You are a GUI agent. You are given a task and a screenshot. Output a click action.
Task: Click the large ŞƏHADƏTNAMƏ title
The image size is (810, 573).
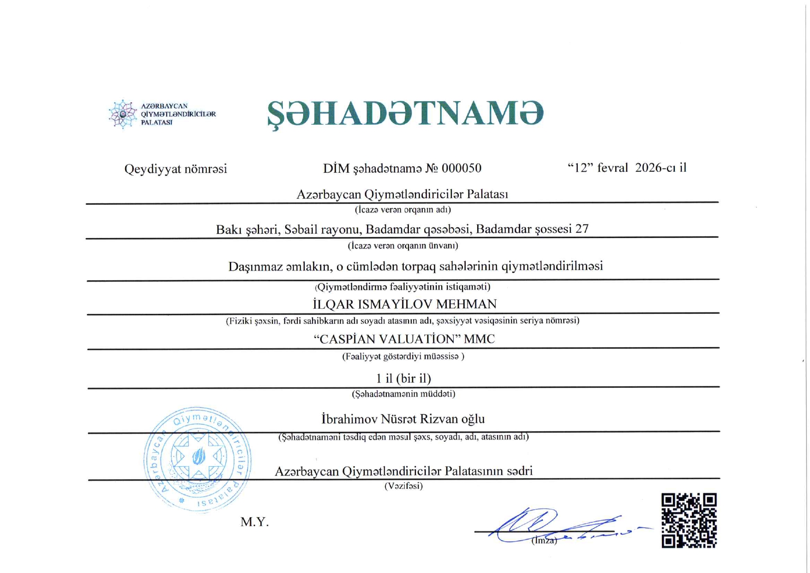(405, 114)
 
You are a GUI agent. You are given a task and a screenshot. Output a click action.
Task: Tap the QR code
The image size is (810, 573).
(689, 520)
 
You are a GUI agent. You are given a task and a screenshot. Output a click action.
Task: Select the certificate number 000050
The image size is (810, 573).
(461, 168)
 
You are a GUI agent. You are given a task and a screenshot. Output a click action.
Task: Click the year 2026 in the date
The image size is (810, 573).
(649, 168)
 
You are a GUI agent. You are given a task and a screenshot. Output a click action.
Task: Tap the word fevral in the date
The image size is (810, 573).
(612, 168)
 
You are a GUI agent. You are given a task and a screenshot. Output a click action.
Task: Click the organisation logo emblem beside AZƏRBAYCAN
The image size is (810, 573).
(122, 114)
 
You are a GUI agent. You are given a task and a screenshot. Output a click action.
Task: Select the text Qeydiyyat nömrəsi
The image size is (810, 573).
(175, 169)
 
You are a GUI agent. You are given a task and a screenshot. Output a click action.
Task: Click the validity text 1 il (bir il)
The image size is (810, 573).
(403, 378)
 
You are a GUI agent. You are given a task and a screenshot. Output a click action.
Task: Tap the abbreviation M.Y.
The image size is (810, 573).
(254, 522)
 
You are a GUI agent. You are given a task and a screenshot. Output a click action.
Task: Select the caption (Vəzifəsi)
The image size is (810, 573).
(403, 486)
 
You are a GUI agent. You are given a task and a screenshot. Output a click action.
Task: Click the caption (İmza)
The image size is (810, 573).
(544, 540)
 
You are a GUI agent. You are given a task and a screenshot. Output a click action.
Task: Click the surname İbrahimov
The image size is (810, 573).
(349, 419)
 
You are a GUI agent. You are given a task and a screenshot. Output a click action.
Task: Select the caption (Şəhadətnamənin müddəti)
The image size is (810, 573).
(403, 394)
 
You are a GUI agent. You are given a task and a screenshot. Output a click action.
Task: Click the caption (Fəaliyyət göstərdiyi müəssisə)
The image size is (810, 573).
(403, 356)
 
